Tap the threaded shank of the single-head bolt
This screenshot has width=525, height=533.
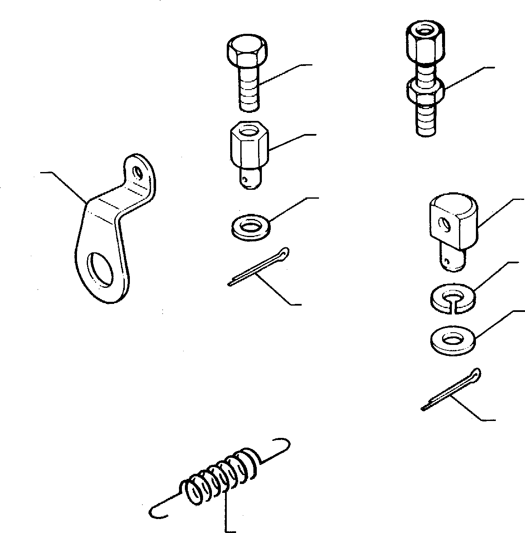[249, 90]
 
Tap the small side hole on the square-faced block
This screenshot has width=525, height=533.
[443, 223]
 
